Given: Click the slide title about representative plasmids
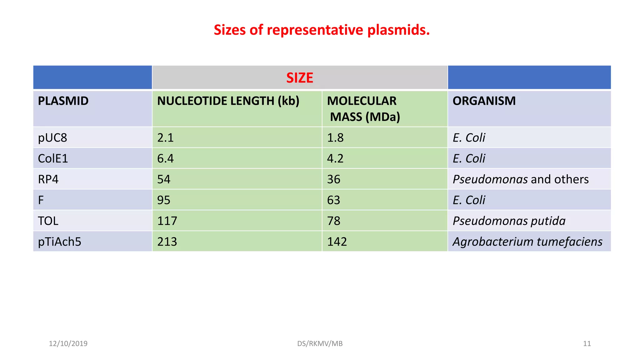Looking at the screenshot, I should point(322,30).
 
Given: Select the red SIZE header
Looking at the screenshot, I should point(300,78).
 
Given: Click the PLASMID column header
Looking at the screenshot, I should point(63,101).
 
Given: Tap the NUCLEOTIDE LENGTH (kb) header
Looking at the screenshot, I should point(228,101).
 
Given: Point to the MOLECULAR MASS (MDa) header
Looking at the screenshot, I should point(363,109).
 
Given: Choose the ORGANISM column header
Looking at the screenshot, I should point(484,101).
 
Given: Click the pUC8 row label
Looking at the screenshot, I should point(52,137).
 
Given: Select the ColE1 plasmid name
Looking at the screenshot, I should point(53,158).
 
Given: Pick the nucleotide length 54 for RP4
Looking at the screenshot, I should point(164,179).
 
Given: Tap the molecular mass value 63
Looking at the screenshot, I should point(333,200).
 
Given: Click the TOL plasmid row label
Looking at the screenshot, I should point(48,221).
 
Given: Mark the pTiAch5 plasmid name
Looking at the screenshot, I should point(59,242).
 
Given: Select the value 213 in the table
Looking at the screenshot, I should point(167,242).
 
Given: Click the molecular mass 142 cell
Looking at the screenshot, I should point(337,242).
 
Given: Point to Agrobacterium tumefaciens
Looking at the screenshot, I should point(527,242).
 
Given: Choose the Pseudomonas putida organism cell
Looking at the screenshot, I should point(509,221).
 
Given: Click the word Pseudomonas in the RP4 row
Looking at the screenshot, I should point(490,179).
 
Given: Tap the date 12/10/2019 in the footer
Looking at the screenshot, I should point(68,343).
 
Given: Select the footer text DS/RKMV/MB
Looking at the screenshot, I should point(320,343).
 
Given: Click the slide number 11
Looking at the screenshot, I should point(587,343).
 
